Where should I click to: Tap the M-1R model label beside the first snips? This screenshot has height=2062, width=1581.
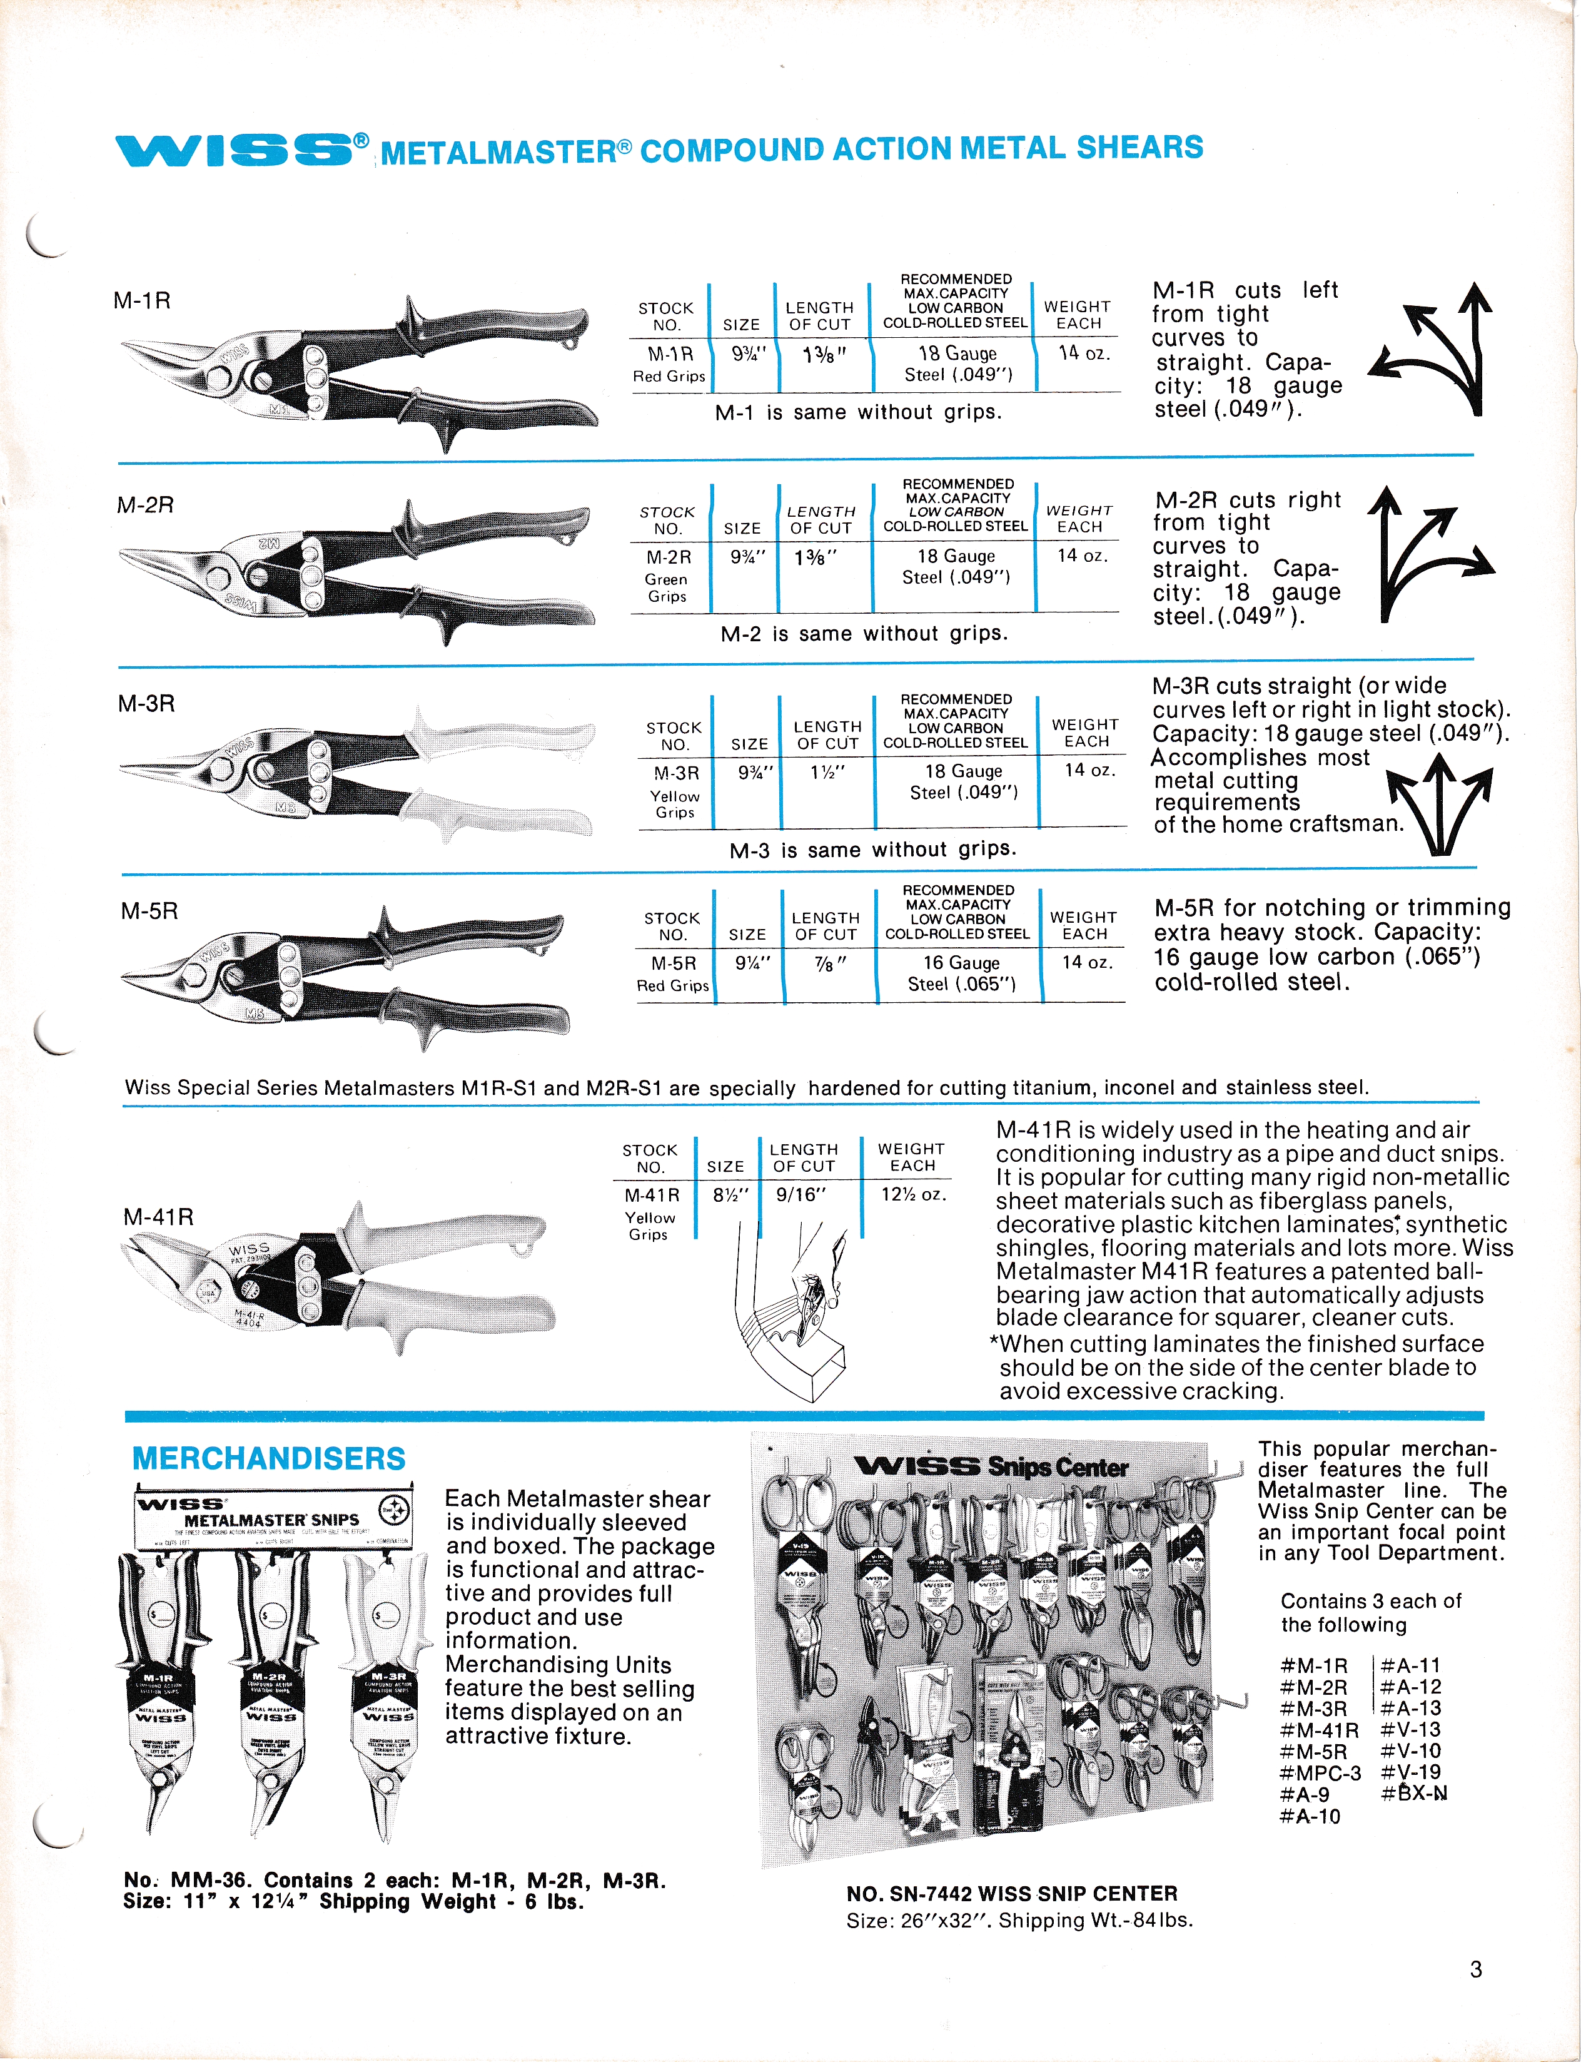142,301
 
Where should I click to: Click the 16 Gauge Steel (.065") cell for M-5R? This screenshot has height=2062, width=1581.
961,973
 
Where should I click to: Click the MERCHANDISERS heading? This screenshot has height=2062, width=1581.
268,1459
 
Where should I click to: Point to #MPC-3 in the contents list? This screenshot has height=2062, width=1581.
1320,1773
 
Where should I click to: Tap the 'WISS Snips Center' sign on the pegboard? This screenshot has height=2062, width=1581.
991,1466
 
